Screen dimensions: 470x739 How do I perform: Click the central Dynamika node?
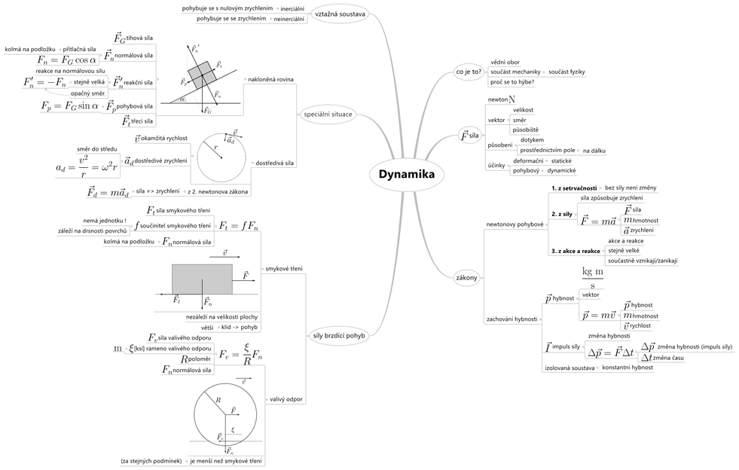coord(406,174)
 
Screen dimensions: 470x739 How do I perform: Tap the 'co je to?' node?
coord(469,72)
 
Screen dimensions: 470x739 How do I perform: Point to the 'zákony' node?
coord(466,278)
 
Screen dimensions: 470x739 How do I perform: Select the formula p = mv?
coord(600,316)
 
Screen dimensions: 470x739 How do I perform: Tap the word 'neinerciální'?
coord(288,19)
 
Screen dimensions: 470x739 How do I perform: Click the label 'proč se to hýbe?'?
coord(512,81)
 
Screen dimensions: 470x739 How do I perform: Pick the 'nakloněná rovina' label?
coord(269,79)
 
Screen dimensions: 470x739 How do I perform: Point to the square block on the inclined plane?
coord(202,76)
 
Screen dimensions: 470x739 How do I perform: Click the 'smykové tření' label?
coord(283,268)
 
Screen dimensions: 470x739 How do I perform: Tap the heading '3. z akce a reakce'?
coord(576,251)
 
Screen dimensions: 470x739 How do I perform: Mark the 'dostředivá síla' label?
coord(275,162)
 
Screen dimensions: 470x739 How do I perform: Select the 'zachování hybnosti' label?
coord(512,319)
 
